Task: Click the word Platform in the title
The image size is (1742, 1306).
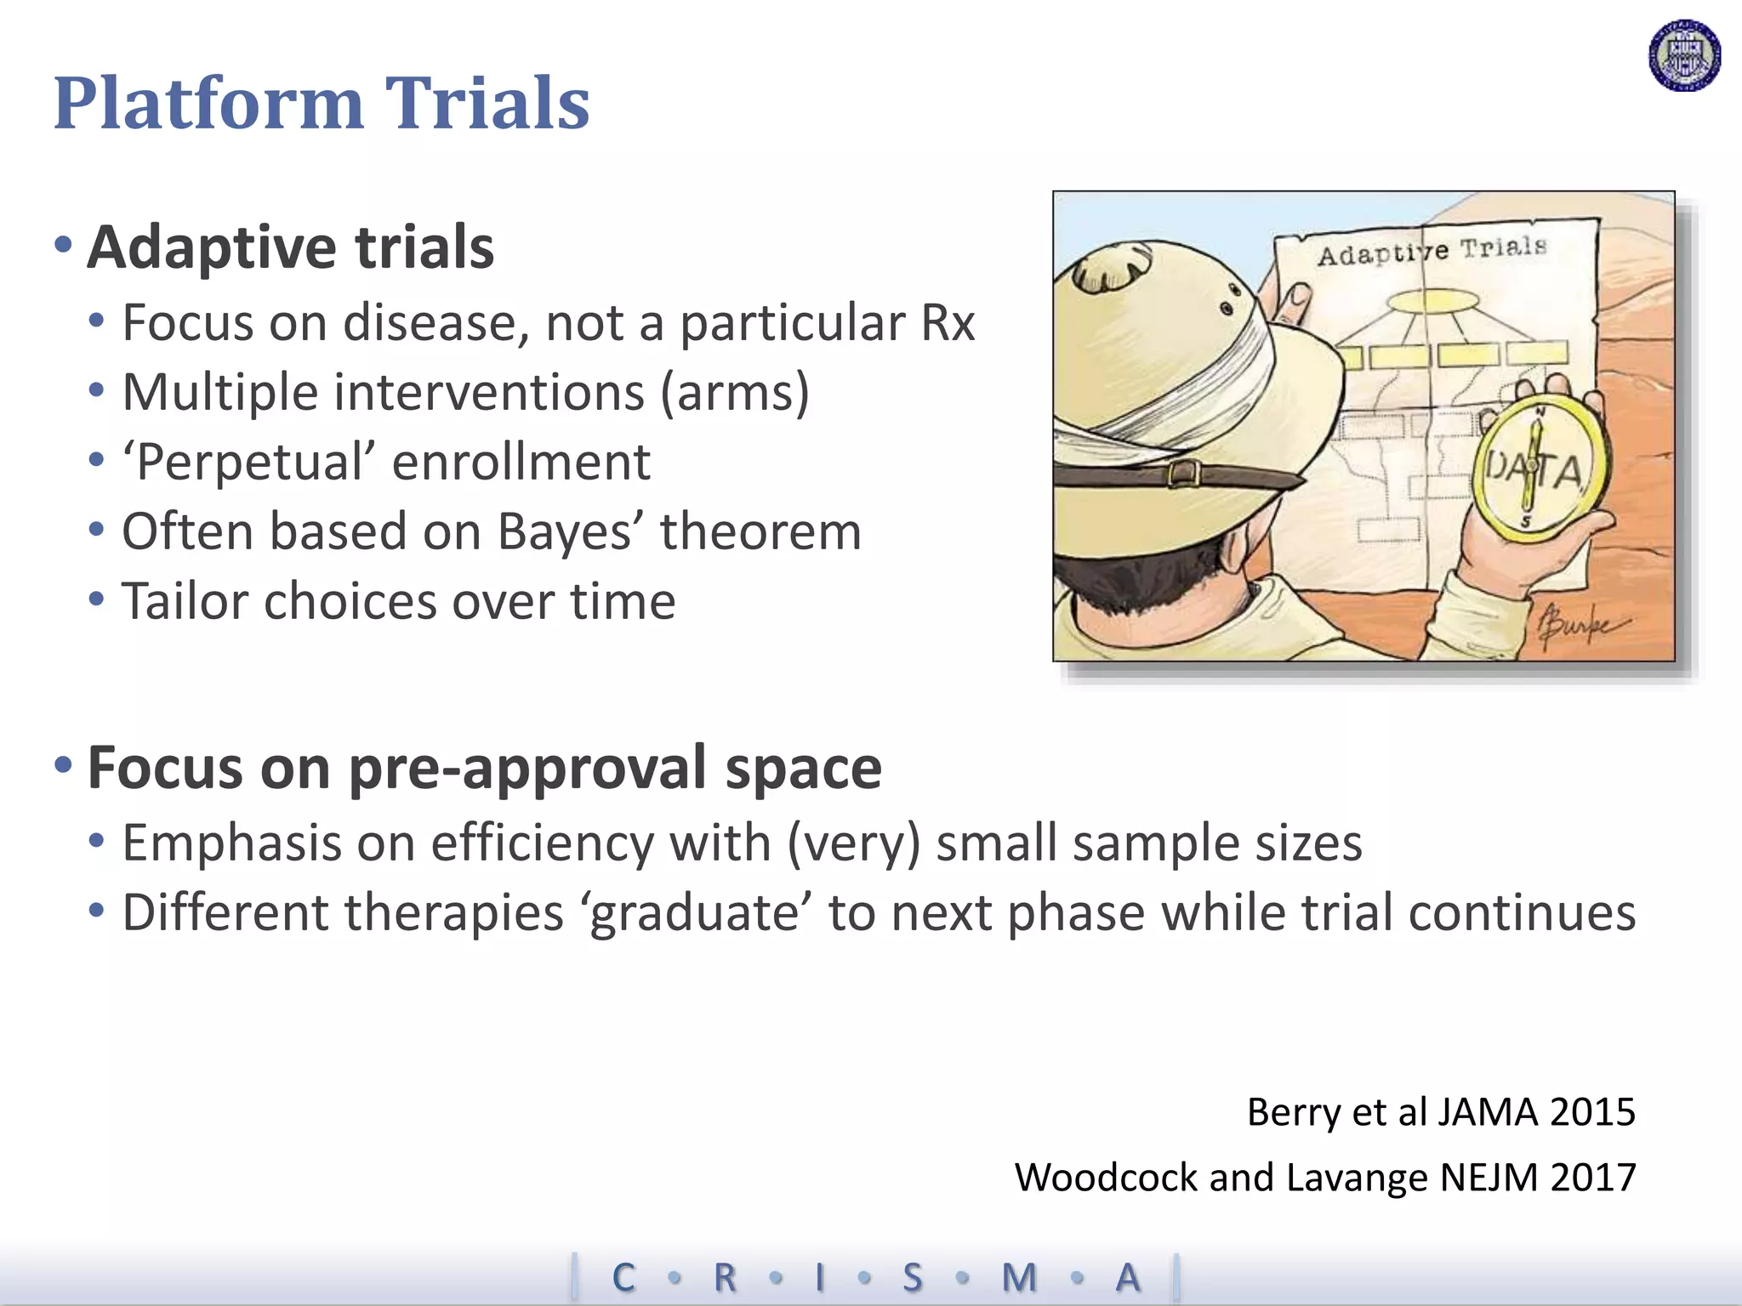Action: (208, 103)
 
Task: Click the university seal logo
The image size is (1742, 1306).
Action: (1684, 55)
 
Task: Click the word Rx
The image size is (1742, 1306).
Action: (947, 323)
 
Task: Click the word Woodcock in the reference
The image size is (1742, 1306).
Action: (1106, 1178)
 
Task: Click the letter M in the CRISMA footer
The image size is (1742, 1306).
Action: (1019, 1277)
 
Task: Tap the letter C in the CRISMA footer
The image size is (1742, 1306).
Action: (623, 1277)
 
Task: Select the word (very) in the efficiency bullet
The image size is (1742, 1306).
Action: (854, 844)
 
